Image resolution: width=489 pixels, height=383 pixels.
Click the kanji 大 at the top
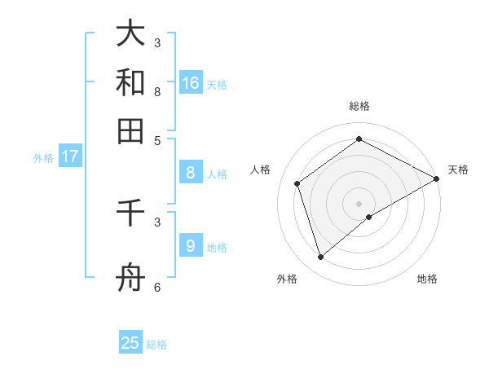click(x=130, y=34)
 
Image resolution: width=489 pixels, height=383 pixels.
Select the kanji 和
click(x=130, y=83)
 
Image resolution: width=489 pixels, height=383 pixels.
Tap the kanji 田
click(x=130, y=130)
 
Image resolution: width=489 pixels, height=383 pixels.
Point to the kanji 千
click(x=130, y=214)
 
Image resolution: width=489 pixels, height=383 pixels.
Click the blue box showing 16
click(x=191, y=83)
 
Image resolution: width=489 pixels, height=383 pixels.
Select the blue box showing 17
click(x=69, y=156)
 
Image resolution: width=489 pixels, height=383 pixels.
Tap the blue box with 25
click(x=130, y=343)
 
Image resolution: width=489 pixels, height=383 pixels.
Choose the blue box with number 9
click(x=190, y=246)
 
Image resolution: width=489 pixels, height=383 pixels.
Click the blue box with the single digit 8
click(x=190, y=173)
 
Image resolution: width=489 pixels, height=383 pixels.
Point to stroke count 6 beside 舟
click(x=157, y=287)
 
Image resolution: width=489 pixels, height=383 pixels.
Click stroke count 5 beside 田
click(x=157, y=139)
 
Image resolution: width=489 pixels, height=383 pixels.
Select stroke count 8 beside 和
click(x=157, y=91)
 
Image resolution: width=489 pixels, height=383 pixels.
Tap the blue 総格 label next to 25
click(x=156, y=345)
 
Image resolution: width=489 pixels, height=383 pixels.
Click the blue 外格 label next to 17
click(x=43, y=158)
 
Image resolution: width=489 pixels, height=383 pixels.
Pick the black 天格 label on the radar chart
click(x=458, y=169)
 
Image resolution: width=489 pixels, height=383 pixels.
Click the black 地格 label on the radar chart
click(x=427, y=279)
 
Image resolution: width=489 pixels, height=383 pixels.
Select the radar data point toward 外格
click(x=320, y=258)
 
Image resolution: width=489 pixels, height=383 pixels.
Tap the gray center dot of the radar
click(x=359, y=203)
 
